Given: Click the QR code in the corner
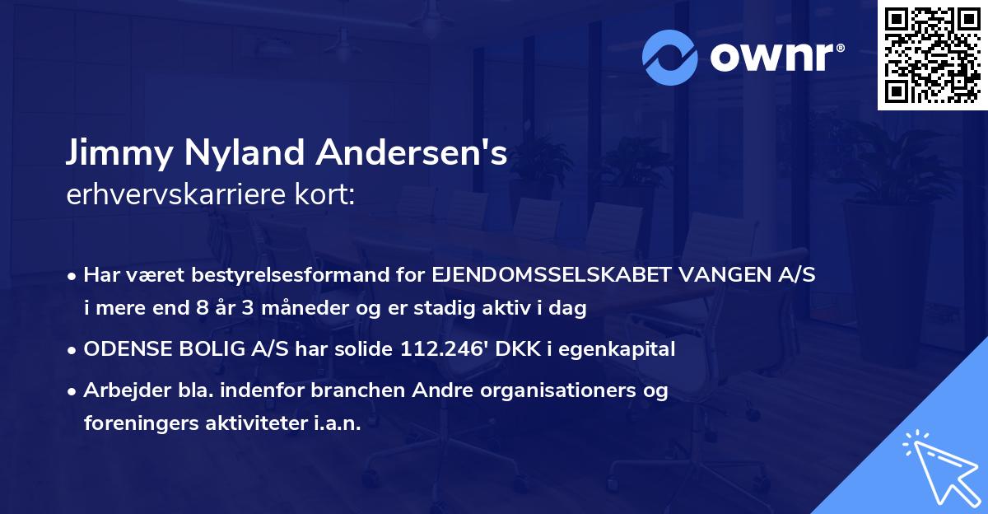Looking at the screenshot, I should coord(932,55).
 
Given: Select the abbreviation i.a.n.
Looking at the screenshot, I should coord(336,423).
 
